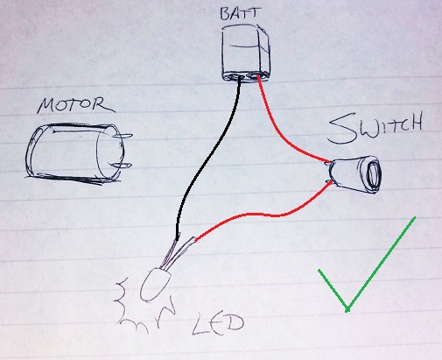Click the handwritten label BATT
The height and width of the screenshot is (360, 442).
coord(240,14)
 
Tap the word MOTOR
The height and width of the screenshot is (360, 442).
coord(75,105)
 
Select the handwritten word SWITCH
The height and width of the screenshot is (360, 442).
coord(375,129)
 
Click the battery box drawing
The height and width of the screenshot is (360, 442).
coord(246,53)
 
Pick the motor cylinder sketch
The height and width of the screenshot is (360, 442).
coord(76,153)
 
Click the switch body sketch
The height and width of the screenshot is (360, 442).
coord(354,174)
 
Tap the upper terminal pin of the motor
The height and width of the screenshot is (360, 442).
coord(122,136)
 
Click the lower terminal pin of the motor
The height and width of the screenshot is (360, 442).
coord(122,166)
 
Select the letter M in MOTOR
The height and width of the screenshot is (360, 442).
coord(46,106)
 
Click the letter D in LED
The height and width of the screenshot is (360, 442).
coord(234,323)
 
